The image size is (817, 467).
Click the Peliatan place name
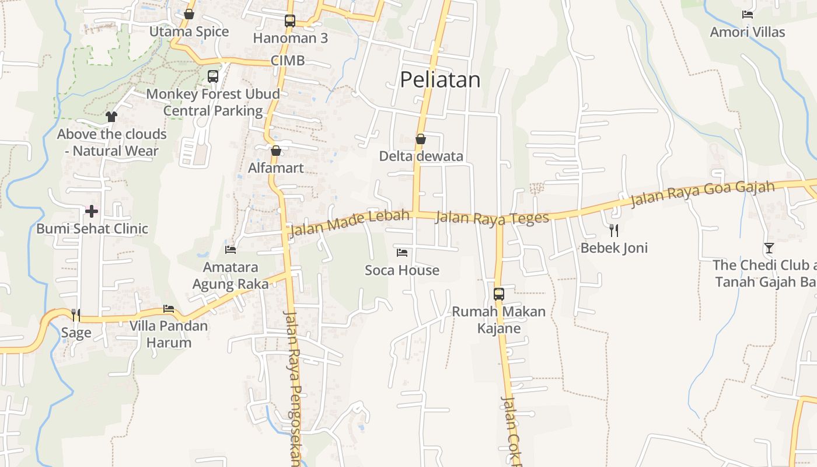(x=440, y=80)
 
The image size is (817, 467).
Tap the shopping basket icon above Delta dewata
(x=420, y=139)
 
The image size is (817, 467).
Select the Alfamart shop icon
(x=276, y=151)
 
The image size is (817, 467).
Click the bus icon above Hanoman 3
(x=290, y=21)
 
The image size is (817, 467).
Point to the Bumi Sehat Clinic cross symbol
(x=92, y=211)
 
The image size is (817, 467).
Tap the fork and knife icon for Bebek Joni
(x=613, y=230)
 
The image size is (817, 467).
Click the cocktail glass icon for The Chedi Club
(x=769, y=248)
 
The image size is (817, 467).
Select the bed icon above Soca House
(x=402, y=253)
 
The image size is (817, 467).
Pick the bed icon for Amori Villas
(x=748, y=15)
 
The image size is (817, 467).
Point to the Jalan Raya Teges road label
(x=493, y=218)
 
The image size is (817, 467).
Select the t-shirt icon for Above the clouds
(x=111, y=117)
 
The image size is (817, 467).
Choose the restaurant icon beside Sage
(x=76, y=315)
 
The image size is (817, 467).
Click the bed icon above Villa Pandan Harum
(x=169, y=308)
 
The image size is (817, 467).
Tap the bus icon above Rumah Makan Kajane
(x=499, y=294)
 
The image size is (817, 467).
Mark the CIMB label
(x=288, y=61)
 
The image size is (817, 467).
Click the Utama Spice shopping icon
(x=189, y=14)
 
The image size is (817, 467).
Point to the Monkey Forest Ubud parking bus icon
(x=213, y=76)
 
